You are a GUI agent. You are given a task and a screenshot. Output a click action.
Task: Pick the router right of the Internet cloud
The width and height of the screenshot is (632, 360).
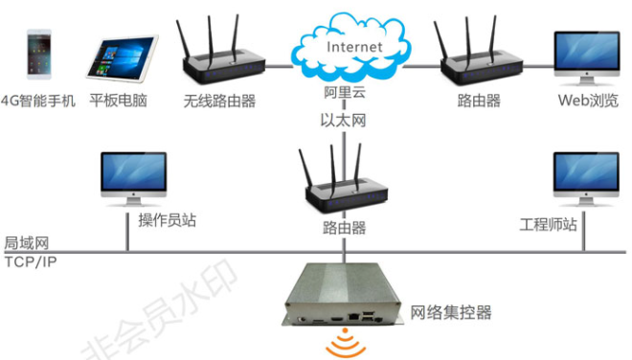tap(480, 62)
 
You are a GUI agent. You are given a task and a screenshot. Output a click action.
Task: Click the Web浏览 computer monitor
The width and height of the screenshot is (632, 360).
tap(588, 56)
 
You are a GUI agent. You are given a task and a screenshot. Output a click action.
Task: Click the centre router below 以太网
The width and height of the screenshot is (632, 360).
tap(344, 187)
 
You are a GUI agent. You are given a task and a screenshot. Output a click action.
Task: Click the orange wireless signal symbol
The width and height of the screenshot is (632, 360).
tap(346, 344)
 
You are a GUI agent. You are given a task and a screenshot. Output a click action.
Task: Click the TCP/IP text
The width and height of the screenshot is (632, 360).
tap(30, 260)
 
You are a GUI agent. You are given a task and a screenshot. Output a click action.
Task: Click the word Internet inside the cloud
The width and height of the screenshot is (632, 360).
tap(354, 46)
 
